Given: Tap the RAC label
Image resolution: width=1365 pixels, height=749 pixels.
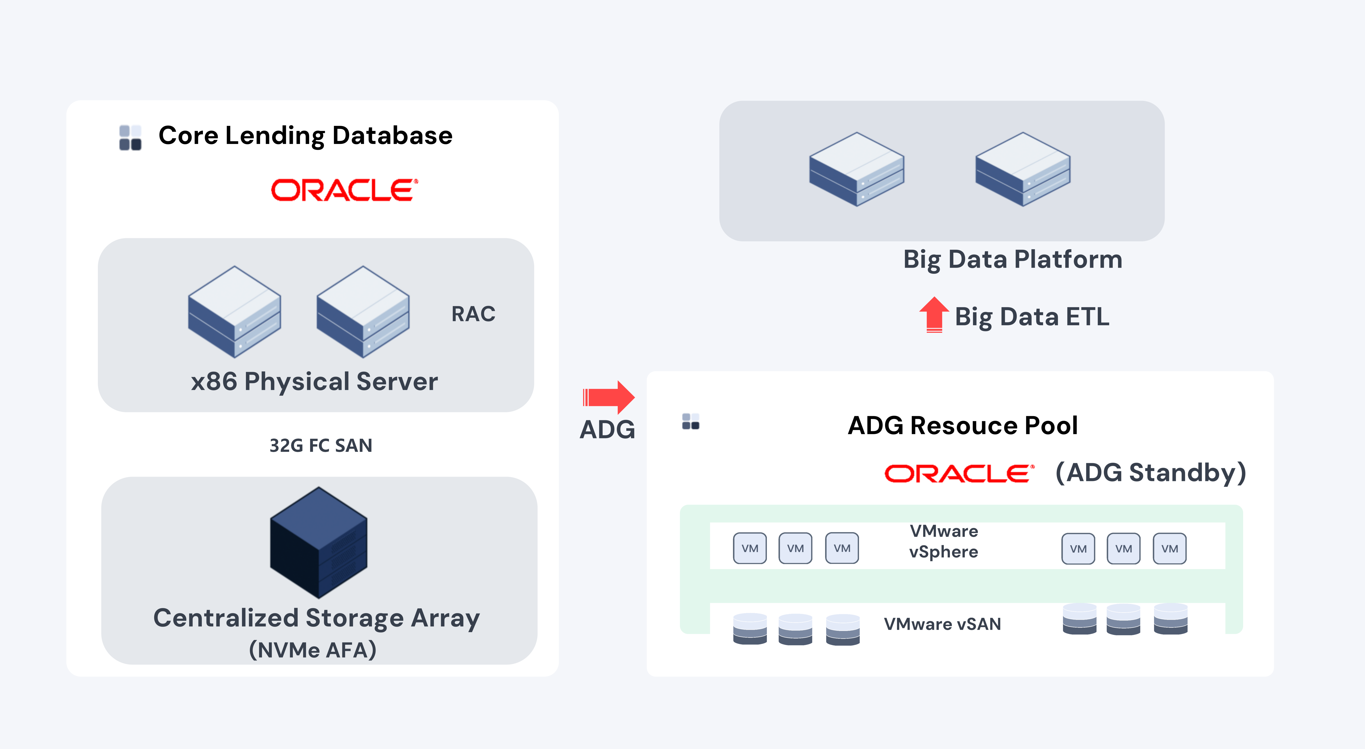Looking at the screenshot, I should (x=473, y=314).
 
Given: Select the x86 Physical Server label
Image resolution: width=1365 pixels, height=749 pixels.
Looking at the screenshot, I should (x=314, y=382).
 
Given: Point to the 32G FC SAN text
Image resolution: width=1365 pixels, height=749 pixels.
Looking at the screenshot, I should (x=321, y=445).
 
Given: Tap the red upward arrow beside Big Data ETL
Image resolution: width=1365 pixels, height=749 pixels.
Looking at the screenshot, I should (x=934, y=314).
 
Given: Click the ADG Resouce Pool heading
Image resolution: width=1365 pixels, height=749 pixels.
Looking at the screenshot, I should (x=962, y=425).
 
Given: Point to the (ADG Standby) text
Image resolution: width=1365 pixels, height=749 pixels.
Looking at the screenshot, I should (x=1150, y=472).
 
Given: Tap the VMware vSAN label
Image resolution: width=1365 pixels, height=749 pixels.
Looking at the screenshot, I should (x=942, y=624).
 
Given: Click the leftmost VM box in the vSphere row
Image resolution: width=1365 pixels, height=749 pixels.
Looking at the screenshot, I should (x=749, y=548).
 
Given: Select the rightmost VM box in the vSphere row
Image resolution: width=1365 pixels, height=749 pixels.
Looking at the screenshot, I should (x=1169, y=549).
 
